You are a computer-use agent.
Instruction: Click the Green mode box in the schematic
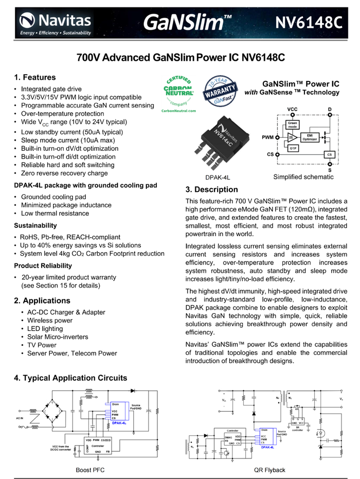point(292,126)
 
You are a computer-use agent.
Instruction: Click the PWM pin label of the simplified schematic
point(267,138)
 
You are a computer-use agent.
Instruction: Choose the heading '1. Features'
point(35,78)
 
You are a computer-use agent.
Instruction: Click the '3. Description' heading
point(211,189)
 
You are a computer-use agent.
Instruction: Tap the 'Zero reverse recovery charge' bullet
point(64,173)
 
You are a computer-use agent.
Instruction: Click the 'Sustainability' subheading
point(35,225)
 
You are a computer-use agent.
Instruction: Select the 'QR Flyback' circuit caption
point(269,470)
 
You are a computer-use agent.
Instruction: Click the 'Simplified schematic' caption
point(303,177)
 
